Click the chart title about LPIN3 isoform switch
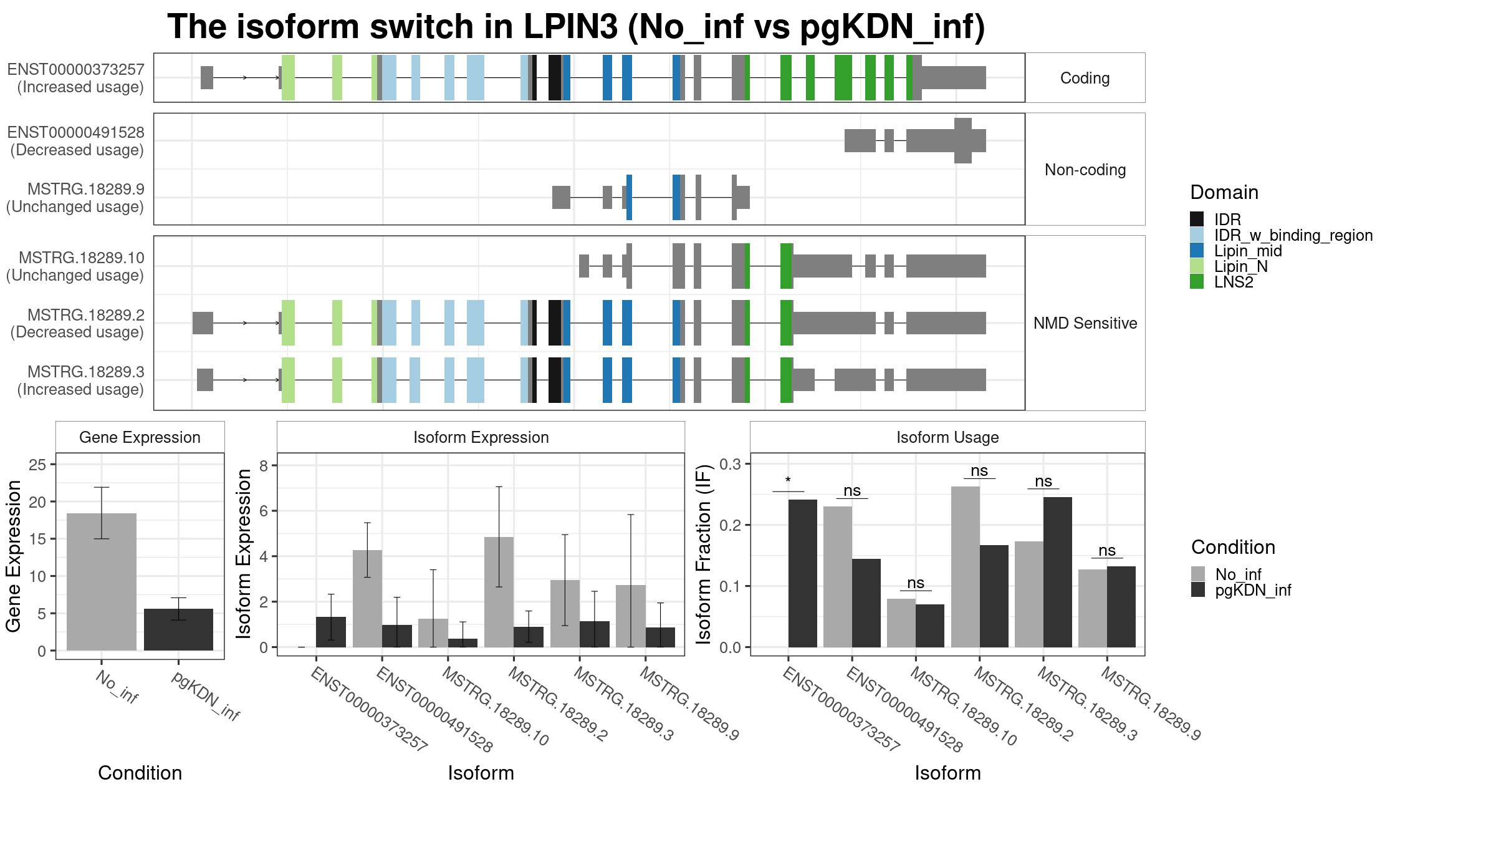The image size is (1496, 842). (576, 27)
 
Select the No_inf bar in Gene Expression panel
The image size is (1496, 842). (101, 582)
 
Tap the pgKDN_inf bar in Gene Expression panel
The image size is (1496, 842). (178, 629)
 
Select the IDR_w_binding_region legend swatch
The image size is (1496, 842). (1197, 235)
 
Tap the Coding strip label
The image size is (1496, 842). (1085, 78)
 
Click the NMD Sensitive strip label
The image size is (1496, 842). (1085, 323)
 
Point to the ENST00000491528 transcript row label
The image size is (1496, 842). (77, 141)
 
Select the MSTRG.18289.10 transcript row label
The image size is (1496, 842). (75, 266)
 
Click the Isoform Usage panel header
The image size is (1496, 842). (947, 437)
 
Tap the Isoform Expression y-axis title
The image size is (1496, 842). (244, 554)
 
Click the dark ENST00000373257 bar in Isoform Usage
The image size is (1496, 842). (803, 573)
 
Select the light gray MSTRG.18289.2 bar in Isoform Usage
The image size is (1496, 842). (966, 567)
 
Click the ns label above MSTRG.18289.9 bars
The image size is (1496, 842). (1107, 550)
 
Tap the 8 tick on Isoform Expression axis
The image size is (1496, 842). (264, 466)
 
